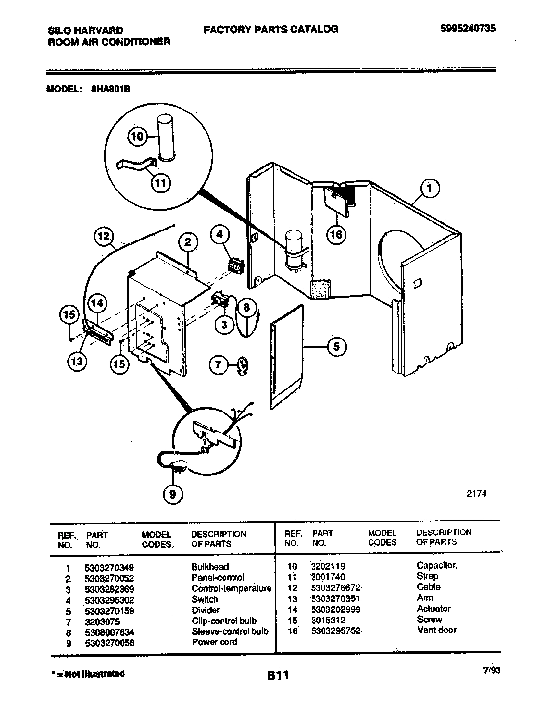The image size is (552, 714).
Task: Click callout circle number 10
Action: [x=137, y=136]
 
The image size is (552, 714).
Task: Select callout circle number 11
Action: [x=160, y=182]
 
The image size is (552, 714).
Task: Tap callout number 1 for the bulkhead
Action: [x=430, y=188]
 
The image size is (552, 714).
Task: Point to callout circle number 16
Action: [x=336, y=234]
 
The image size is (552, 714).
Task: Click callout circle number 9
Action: [x=173, y=494]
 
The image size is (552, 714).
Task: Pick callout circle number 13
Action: [x=77, y=362]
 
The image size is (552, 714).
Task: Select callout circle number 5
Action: [x=337, y=347]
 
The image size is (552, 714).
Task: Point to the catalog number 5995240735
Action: [x=468, y=29]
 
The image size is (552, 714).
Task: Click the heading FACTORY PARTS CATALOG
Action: [x=271, y=30]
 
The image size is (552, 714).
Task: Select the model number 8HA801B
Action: [x=110, y=89]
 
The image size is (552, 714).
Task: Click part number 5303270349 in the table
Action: [x=109, y=568]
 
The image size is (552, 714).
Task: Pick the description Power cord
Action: [x=215, y=642]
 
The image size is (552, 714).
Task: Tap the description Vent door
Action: [x=437, y=630]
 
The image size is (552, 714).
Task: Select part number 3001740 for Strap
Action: [x=328, y=577]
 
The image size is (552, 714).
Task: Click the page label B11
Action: [x=278, y=675]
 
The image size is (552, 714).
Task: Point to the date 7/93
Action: [x=492, y=671]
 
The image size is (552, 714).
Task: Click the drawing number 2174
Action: [x=476, y=494]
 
